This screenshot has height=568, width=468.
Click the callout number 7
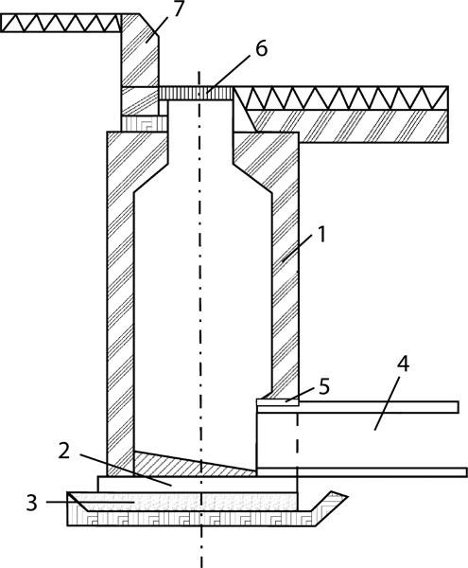[178, 9]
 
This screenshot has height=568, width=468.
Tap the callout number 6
[262, 48]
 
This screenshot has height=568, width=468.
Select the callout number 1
[321, 234]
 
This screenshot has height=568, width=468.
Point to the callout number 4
[404, 364]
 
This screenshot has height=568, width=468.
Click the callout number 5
[324, 386]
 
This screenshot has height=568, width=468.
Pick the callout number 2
[64, 452]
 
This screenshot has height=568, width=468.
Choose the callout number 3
[31, 503]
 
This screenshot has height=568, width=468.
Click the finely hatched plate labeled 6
[196, 93]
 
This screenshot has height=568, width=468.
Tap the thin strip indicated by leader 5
[278, 402]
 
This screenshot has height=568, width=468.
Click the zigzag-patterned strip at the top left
[61, 23]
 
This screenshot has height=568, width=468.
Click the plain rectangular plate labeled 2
[198, 485]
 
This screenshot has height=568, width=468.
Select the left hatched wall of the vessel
[120, 304]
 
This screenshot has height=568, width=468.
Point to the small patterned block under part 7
[144, 123]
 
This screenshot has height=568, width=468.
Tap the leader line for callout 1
[298, 248]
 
